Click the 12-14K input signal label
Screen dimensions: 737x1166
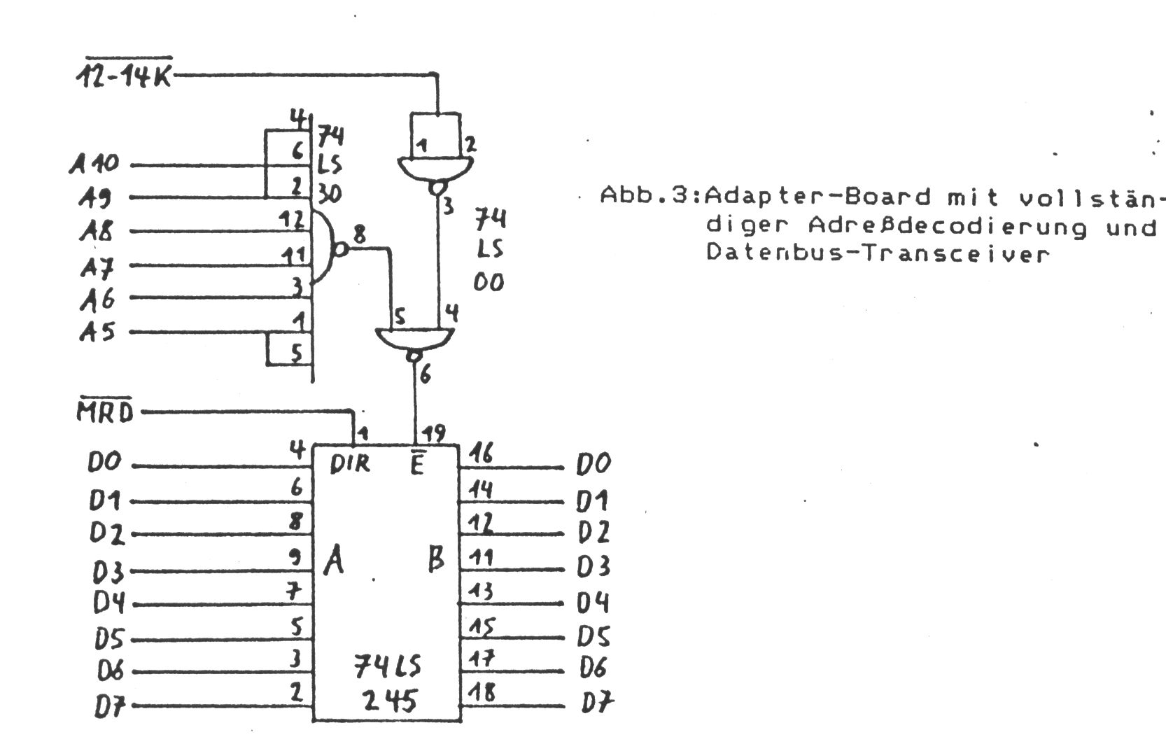tap(124, 75)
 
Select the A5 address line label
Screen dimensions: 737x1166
tap(97, 331)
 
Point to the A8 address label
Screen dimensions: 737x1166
tap(96, 230)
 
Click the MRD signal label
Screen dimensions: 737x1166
tap(104, 412)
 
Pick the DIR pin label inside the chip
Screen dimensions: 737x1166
tap(349, 464)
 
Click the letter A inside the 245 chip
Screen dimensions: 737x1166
tap(335, 562)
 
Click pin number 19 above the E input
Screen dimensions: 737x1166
tap(435, 433)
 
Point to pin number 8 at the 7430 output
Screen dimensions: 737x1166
tap(359, 234)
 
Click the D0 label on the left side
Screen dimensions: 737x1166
tap(105, 463)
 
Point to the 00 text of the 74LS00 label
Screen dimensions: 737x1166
tap(489, 283)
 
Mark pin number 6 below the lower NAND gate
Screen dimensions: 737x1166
tap(425, 376)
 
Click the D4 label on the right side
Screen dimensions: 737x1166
tap(593, 602)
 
